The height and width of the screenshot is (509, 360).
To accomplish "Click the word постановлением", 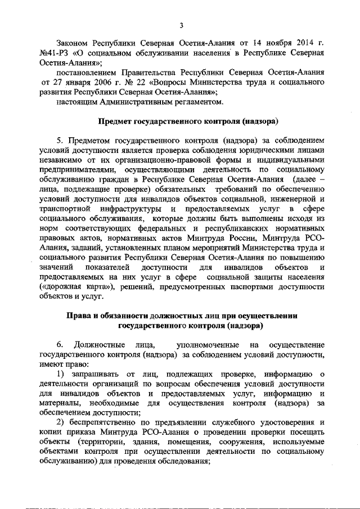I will (x=86, y=73).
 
